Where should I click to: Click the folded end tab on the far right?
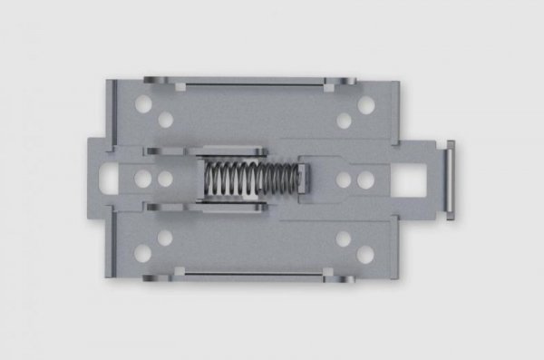[x=449, y=179]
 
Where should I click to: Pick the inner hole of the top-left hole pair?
[x=165, y=119]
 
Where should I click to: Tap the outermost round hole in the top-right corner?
[x=366, y=105]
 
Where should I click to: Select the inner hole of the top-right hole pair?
[x=344, y=119]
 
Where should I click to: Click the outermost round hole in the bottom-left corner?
[x=143, y=253]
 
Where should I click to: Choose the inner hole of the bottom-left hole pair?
[x=165, y=238]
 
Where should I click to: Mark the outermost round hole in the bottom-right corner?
[x=366, y=253]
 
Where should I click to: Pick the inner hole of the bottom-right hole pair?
[x=344, y=238]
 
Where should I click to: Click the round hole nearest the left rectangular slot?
[x=143, y=179]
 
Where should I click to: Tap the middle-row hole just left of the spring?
[x=165, y=179]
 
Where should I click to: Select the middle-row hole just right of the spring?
[x=344, y=179]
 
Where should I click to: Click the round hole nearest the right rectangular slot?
[x=365, y=179]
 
